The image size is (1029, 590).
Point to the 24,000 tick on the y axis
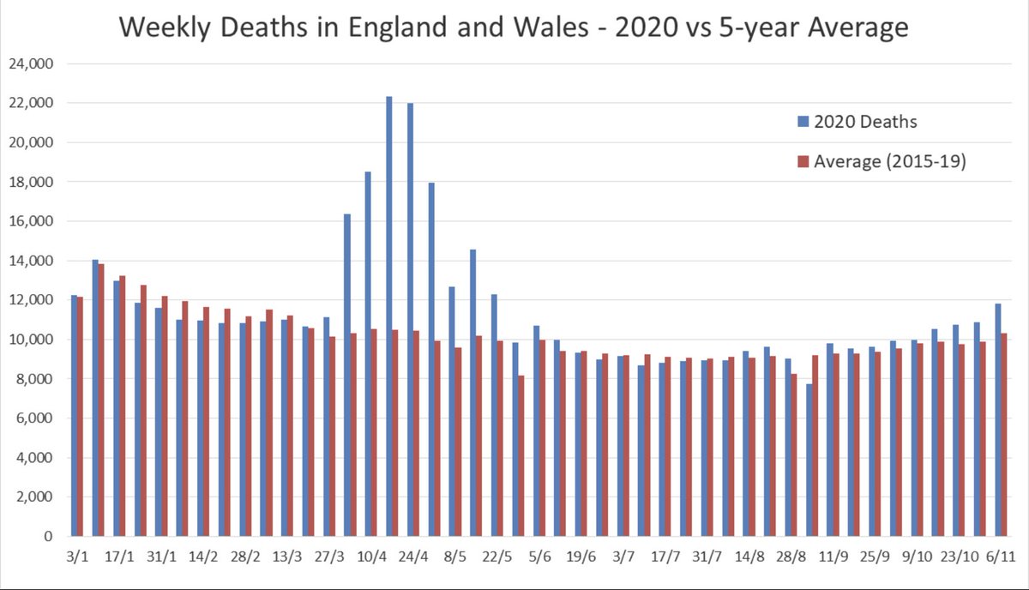(32, 63)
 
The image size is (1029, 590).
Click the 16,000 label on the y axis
(32, 221)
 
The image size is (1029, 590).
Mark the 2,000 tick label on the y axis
(35, 497)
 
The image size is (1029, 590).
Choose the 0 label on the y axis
(50, 537)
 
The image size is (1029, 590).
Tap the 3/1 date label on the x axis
(77, 556)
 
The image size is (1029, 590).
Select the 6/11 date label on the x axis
(1000, 556)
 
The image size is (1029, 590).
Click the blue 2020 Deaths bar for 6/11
(997, 420)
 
